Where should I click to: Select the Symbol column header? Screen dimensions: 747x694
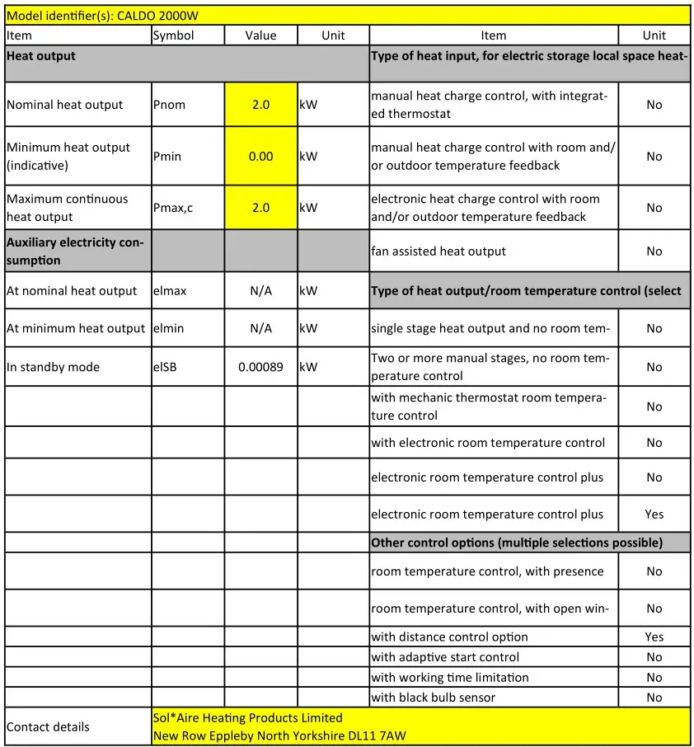[174, 35]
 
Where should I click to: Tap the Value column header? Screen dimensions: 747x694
[260, 35]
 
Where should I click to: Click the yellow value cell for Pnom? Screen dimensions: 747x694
[260, 105]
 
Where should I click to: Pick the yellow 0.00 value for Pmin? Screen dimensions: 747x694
[260, 156]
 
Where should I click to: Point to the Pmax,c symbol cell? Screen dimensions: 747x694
[173, 208]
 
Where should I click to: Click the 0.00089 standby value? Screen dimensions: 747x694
[260, 367]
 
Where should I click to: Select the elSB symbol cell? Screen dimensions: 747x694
[165, 367]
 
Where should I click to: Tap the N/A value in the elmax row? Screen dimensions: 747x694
[260, 290]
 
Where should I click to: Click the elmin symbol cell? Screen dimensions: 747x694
[169, 328]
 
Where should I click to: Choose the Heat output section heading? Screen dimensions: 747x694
[41, 56]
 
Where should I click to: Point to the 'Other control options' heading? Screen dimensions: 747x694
[516, 543]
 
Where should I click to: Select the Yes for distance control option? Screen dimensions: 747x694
[654, 637]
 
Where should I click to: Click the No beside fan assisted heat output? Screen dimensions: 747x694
[654, 251]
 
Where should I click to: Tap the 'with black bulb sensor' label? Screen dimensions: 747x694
[434, 698]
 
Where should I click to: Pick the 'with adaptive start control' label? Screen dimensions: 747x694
[445, 657]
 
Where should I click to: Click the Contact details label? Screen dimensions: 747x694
[48, 726]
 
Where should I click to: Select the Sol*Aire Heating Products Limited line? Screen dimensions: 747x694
[248, 718]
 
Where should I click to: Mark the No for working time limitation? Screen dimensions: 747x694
[654, 678]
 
